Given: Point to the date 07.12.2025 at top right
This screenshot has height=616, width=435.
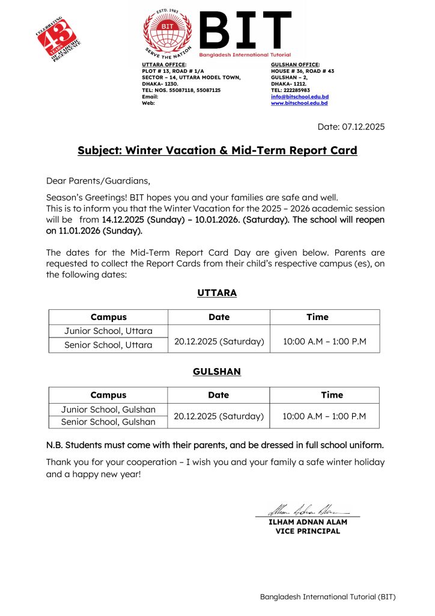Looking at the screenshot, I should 351,126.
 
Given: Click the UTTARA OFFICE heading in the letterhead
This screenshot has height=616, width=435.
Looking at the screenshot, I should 164,64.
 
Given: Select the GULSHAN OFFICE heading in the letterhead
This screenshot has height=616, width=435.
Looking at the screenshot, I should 296,64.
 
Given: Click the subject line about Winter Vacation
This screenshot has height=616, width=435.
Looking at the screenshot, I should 218,150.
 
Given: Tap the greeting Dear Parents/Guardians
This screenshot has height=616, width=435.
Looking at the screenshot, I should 98,180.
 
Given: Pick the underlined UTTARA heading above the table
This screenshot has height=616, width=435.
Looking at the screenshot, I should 217,293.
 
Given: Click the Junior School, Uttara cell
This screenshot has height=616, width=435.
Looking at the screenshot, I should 108,331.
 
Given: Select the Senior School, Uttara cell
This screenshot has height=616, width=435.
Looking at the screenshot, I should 108,345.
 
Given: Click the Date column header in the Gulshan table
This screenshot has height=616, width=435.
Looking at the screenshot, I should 218,395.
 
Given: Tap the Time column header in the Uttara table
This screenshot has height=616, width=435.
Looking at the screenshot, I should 317,317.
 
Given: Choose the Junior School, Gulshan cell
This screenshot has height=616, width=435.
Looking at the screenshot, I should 108,410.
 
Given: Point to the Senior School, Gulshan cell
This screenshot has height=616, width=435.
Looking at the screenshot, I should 108,422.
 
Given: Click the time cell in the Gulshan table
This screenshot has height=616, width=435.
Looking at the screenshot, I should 324,416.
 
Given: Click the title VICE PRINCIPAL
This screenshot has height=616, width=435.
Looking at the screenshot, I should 308,531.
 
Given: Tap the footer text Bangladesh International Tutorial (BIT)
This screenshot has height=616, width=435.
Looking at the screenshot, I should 327,597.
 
